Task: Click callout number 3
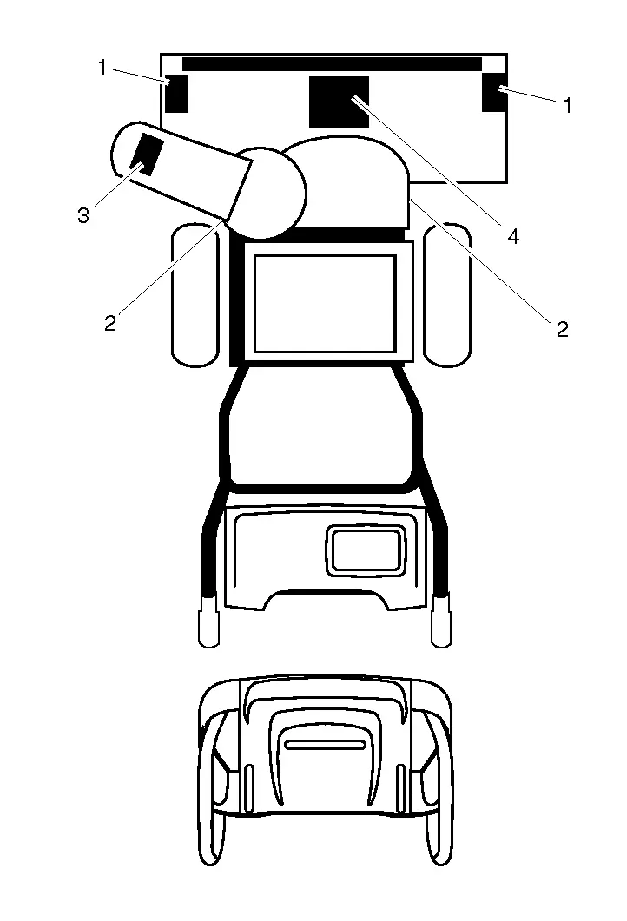pyautogui.click(x=83, y=215)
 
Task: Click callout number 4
pyautogui.click(x=513, y=237)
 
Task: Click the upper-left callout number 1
pyautogui.click(x=102, y=68)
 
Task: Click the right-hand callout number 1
pyautogui.click(x=567, y=106)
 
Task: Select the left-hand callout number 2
pyautogui.click(x=110, y=323)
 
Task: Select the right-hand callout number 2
pyautogui.click(x=563, y=330)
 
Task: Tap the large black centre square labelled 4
pyautogui.click(x=339, y=101)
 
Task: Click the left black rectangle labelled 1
pyautogui.click(x=176, y=93)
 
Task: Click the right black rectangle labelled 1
pyautogui.click(x=493, y=92)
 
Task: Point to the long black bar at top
pyautogui.click(x=332, y=64)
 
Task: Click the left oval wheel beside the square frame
pyautogui.click(x=195, y=296)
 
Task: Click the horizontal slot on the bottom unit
pyautogui.click(x=325, y=745)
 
